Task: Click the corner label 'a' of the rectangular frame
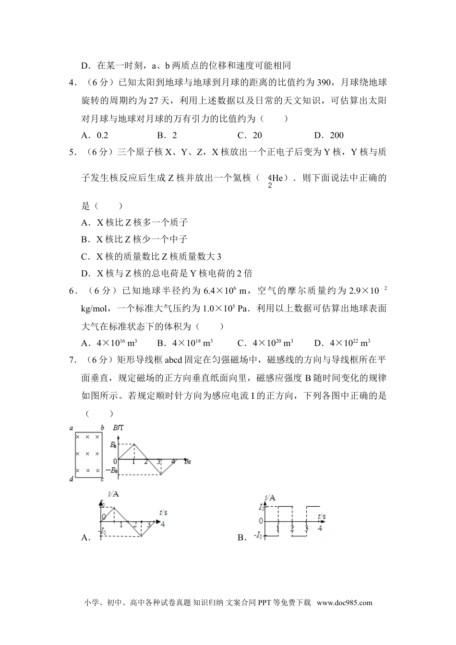pos(71,428)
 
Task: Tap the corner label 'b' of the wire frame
pos(102,428)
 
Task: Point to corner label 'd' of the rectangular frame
pos(71,479)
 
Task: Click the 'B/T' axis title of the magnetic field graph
pos(118,428)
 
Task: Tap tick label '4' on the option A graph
pos(163,524)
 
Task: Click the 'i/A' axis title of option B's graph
pos(270,498)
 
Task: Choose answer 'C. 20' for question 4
pos(250,135)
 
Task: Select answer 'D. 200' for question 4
pos(329,135)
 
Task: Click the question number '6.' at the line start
pos(73,291)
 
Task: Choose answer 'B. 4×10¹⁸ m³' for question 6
pos(185,343)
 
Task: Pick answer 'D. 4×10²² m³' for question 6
pos(342,343)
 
